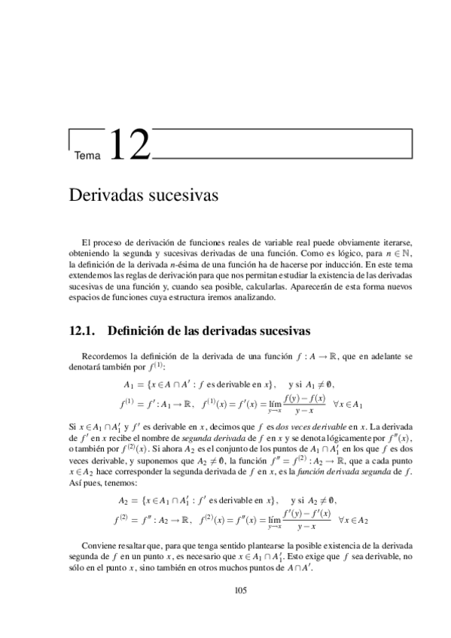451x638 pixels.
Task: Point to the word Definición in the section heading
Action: (141, 330)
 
